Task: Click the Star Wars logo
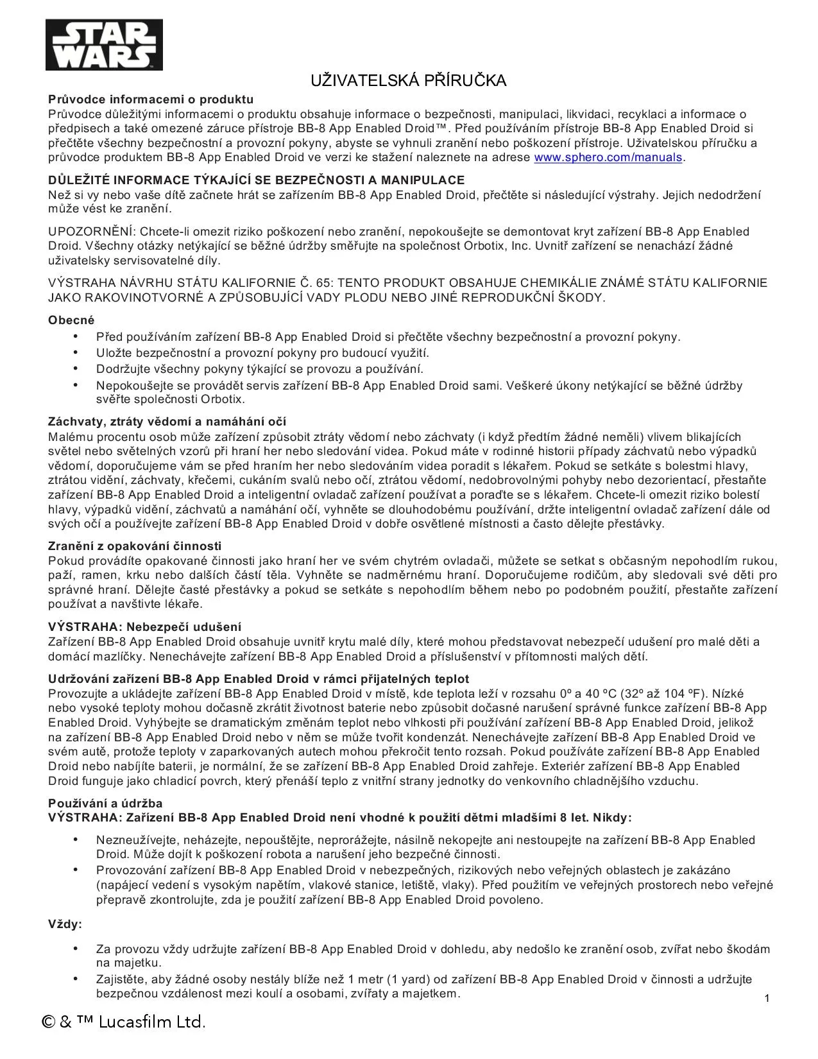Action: [104, 44]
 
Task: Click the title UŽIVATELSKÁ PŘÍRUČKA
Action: [409, 80]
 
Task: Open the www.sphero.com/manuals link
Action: [608, 157]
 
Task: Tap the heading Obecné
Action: [71, 320]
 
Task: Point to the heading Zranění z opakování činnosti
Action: [135, 546]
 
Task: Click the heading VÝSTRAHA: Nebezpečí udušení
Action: [144, 627]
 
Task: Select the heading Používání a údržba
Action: [105, 804]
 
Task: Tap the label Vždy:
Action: [65, 924]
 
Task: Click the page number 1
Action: [767, 998]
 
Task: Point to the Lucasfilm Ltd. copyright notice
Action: [124, 1022]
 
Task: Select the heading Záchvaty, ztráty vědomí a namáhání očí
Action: [167, 422]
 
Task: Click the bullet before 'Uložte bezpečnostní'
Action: [76, 352]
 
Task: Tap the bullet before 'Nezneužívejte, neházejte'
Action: [76, 839]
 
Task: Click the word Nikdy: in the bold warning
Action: [612, 818]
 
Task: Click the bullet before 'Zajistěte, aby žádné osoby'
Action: [76, 979]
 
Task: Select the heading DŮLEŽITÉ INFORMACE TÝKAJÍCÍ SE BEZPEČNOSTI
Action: [256, 180]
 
